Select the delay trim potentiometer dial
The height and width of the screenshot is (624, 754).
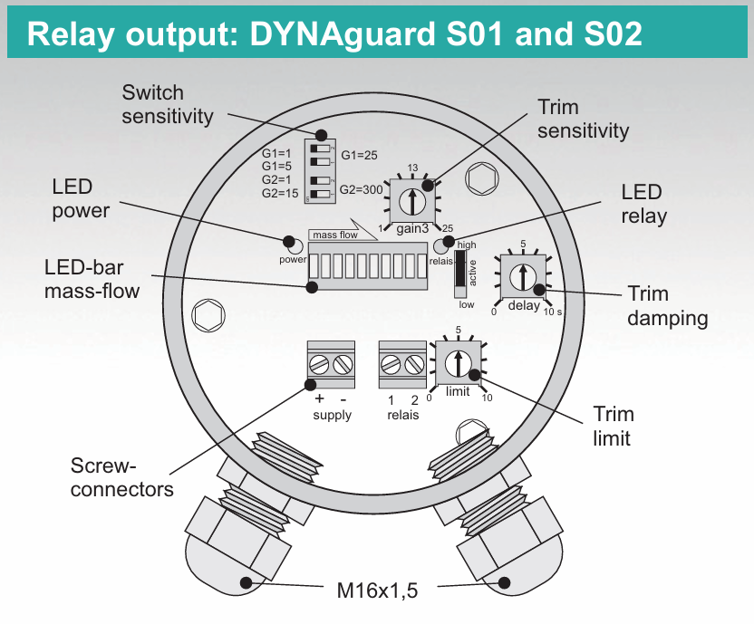[x=523, y=276]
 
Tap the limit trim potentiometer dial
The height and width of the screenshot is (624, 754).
[x=458, y=361]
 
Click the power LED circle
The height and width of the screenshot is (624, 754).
[x=292, y=245]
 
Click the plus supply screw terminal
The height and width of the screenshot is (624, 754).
[x=319, y=365]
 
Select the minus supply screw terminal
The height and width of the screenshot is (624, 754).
[x=343, y=365]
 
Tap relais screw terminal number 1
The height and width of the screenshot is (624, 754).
[x=391, y=365]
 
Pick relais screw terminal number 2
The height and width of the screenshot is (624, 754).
[x=414, y=365]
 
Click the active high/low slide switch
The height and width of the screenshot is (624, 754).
[x=460, y=269]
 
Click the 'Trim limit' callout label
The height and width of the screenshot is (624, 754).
[x=613, y=426]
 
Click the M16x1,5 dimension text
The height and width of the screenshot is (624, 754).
[x=378, y=591]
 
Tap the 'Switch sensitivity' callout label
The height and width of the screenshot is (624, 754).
[x=167, y=104]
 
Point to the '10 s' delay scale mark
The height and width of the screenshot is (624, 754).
[x=552, y=312]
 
